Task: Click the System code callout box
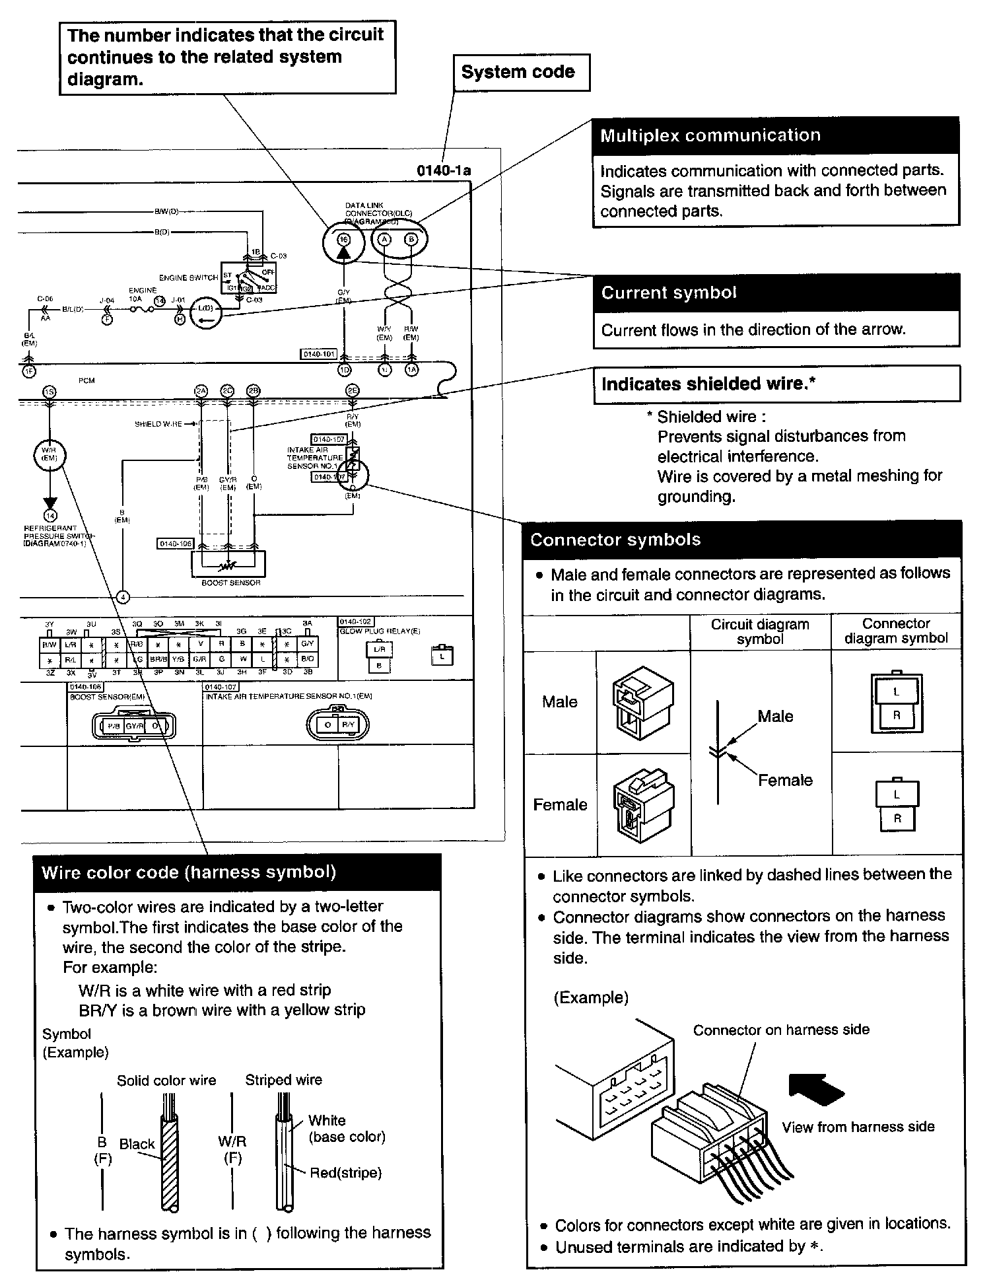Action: click(x=520, y=73)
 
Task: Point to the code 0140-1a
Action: click(x=444, y=170)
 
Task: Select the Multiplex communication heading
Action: click(x=775, y=136)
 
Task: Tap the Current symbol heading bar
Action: click(x=776, y=293)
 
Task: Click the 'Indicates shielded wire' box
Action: click(x=776, y=384)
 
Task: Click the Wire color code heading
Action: click(x=238, y=872)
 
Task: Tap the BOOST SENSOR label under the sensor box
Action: click(x=230, y=583)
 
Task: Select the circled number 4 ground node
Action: click(x=123, y=597)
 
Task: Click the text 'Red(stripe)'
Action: click(x=345, y=1173)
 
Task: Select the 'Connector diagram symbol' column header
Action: click(x=895, y=631)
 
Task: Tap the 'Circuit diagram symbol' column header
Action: click(x=759, y=631)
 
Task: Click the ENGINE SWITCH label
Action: click(x=188, y=277)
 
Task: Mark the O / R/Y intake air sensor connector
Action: click(x=337, y=725)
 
